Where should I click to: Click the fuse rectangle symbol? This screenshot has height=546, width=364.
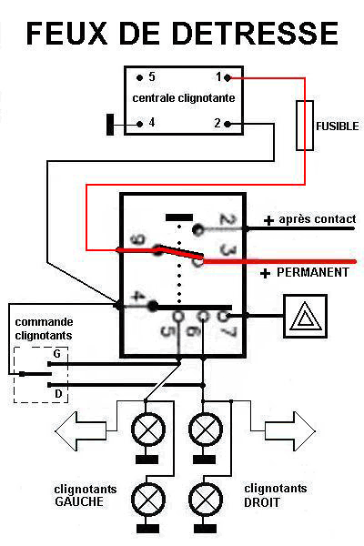click(306, 125)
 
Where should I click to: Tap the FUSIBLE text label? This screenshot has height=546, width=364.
click(338, 126)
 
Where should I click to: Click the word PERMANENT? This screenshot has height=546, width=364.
click(312, 272)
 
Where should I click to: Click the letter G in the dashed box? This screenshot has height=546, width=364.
click(56, 352)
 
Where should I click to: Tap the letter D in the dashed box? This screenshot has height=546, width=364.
click(56, 394)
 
